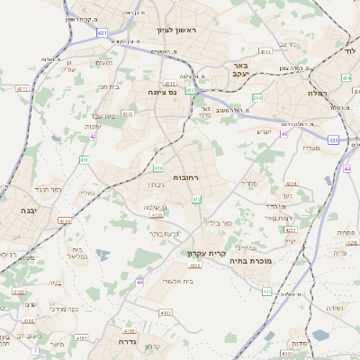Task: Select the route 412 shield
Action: pos(196,199)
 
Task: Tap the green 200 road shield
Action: pos(257,97)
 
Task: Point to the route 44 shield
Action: pos(347,168)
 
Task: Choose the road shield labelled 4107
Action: pos(82,339)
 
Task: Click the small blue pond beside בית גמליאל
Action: pos(101,256)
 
